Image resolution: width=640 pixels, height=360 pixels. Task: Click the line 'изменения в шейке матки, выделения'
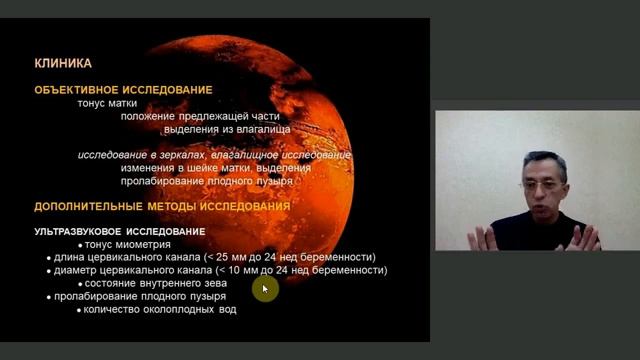(203, 168)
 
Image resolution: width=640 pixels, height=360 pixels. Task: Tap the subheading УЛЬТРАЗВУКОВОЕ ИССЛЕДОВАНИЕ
(114, 231)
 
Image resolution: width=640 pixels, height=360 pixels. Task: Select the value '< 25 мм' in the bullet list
(226, 257)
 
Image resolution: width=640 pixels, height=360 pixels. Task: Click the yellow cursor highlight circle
(264, 289)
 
